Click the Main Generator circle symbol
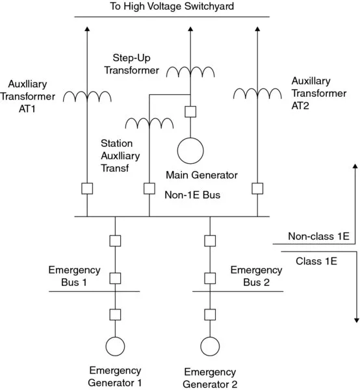point(190,149)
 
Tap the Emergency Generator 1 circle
point(116,346)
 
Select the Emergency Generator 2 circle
point(210,346)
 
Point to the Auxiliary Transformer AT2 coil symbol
point(257,95)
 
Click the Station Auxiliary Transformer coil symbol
point(149,123)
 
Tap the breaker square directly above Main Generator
point(190,111)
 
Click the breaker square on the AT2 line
point(257,188)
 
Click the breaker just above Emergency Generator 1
point(116,315)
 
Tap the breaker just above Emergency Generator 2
point(210,315)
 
